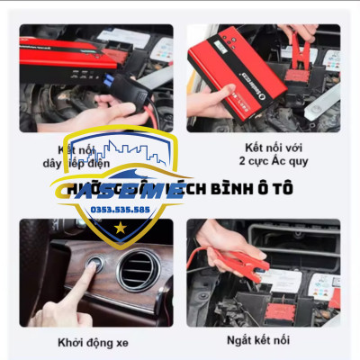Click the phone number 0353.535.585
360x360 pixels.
(133, 210)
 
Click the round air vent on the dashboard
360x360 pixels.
(139, 270)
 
